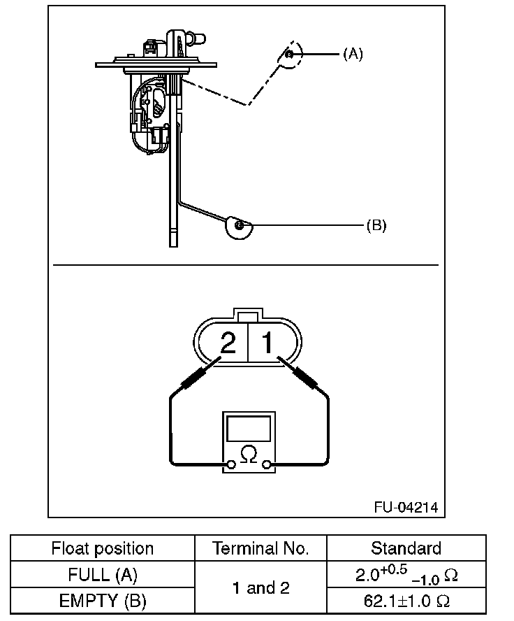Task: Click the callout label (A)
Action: pos(353,53)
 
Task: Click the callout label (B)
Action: pos(376,225)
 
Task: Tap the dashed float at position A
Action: pos(290,56)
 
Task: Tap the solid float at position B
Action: pos(239,227)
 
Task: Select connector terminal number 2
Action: pos(228,343)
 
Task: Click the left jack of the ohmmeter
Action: pos(230,464)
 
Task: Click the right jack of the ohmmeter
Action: pos(266,464)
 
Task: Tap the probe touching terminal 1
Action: pos(302,376)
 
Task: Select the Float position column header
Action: pos(102,548)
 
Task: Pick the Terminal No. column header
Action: pos(260,548)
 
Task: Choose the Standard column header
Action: pos(406,548)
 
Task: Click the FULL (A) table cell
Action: pos(102,575)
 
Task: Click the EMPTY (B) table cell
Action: pos(102,600)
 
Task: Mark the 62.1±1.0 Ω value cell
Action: pos(406,600)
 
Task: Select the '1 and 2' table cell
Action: pos(260,587)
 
